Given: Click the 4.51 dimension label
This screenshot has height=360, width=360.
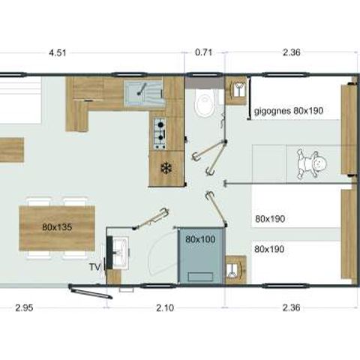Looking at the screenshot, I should [57, 53].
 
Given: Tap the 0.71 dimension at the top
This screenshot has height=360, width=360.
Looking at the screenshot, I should [203, 53].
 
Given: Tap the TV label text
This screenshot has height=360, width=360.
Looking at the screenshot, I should [94, 266].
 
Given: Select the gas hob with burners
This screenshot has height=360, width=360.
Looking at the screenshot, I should [160, 133].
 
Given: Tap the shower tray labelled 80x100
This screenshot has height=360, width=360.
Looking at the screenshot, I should [201, 256].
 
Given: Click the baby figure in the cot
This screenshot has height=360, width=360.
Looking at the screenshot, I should [313, 163].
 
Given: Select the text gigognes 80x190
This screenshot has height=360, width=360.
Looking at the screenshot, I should [288, 111].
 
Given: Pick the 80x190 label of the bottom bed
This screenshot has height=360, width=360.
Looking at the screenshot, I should [269, 247].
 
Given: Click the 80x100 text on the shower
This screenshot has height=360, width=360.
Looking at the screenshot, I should [200, 239].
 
